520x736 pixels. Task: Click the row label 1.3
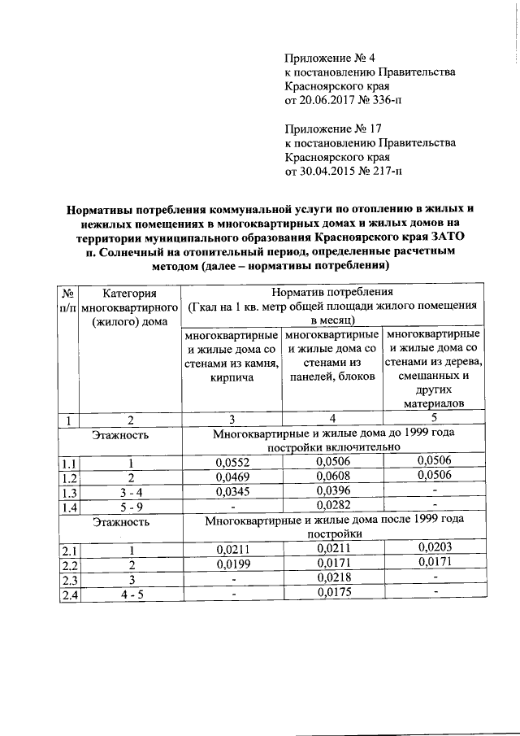(69, 493)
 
